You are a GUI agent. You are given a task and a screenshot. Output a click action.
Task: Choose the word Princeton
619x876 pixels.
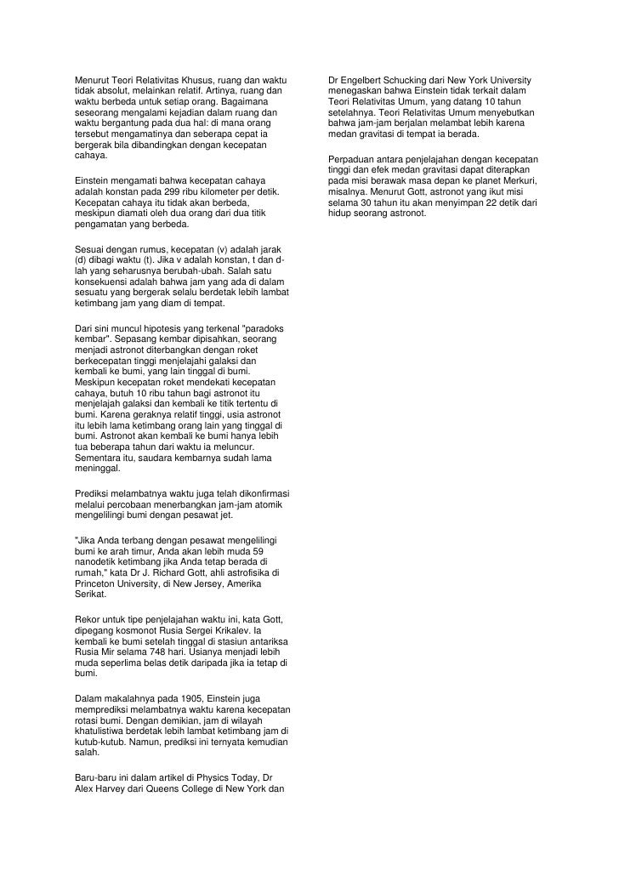tap(96, 584)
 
